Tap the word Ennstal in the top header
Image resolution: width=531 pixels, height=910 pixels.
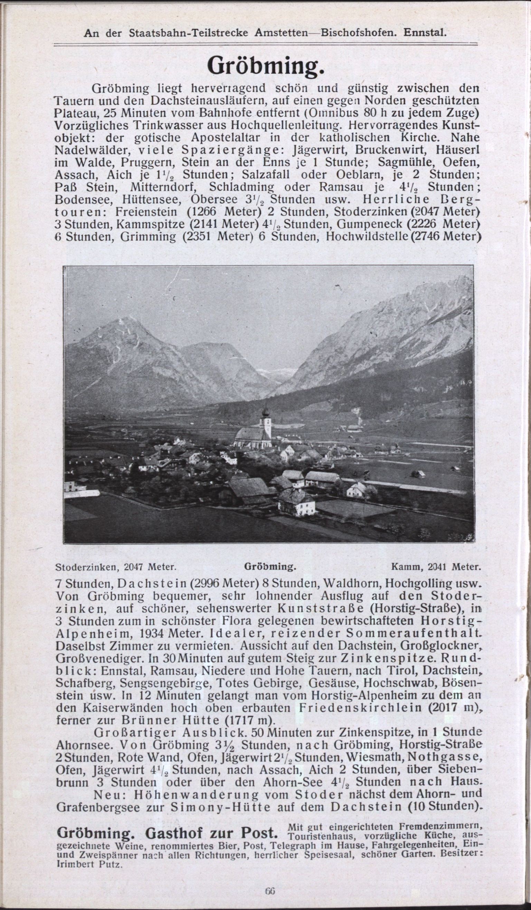425,34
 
